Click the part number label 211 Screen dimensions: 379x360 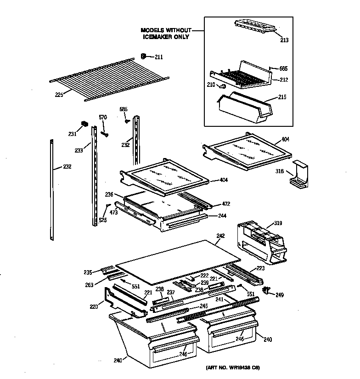coord(158,57)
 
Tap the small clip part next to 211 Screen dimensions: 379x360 coord(143,57)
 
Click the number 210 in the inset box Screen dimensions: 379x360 coord(211,85)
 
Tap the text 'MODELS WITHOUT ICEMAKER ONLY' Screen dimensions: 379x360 coord(164,34)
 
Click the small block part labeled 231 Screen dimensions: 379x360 coord(84,123)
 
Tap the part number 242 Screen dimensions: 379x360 coord(220,236)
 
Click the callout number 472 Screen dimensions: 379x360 coord(226,204)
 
